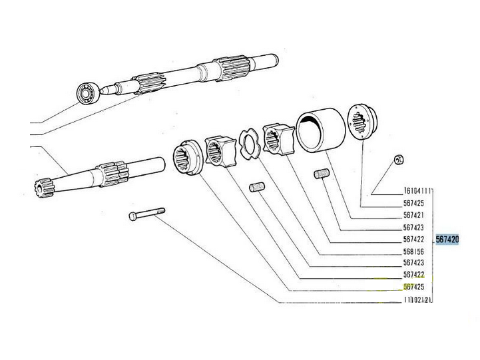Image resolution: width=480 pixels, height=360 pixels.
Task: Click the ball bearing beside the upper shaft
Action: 88,92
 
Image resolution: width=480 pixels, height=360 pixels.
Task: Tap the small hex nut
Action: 399,159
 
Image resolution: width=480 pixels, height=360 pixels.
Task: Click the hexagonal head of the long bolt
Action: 132,216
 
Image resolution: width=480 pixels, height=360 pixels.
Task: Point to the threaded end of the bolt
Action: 160,211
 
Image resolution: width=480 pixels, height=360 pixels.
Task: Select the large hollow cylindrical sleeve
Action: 320,130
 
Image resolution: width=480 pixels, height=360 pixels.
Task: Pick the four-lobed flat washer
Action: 250,144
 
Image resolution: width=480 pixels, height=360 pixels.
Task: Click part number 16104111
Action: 417,191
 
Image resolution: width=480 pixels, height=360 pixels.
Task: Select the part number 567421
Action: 413,215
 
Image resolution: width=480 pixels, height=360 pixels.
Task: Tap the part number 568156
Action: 413,252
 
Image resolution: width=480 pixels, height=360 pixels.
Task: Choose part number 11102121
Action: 417,299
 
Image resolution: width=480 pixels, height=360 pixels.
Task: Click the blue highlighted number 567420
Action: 447,240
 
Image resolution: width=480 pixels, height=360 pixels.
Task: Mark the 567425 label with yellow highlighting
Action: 413,287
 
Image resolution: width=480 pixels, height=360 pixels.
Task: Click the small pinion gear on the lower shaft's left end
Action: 44,188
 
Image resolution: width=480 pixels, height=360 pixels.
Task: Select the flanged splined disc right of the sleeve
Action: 362,122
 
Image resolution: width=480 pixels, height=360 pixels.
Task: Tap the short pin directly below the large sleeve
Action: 322,174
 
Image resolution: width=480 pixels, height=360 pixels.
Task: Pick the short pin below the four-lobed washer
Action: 257,187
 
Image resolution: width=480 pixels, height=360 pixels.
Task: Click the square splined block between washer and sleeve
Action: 279,139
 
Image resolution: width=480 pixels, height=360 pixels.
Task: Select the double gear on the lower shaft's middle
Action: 113,174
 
